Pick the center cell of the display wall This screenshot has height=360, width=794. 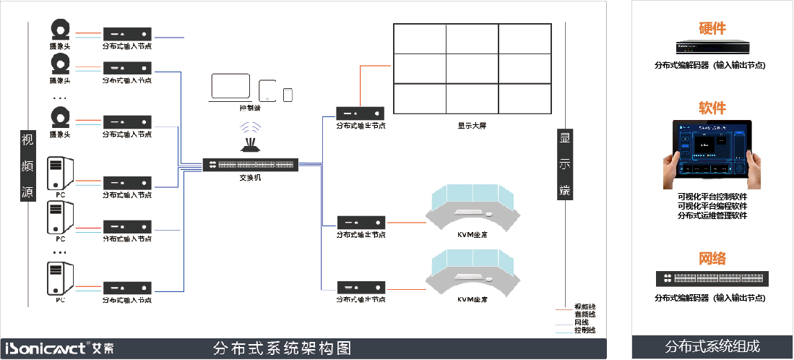pyautogui.click(x=472, y=69)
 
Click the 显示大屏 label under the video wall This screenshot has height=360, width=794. pyautogui.click(x=472, y=125)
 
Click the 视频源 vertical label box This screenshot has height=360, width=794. pyautogui.click(x=27, y=166)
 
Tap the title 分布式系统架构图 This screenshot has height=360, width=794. pyautogui.click(x=282, y=348)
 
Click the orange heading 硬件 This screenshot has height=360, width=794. pyautogui.click(x=712, y=28)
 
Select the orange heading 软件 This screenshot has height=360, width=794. pyautogui.click(x=712, y=108)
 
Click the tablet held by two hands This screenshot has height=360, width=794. pyautogui.click(x=712, y=154)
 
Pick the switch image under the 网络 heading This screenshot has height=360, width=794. pyautogui.click(x=712, y=278)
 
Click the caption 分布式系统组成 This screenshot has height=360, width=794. pyautogui.click(x=712, y=347)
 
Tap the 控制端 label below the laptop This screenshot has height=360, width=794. pyautogui.click(x=250, y=108)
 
